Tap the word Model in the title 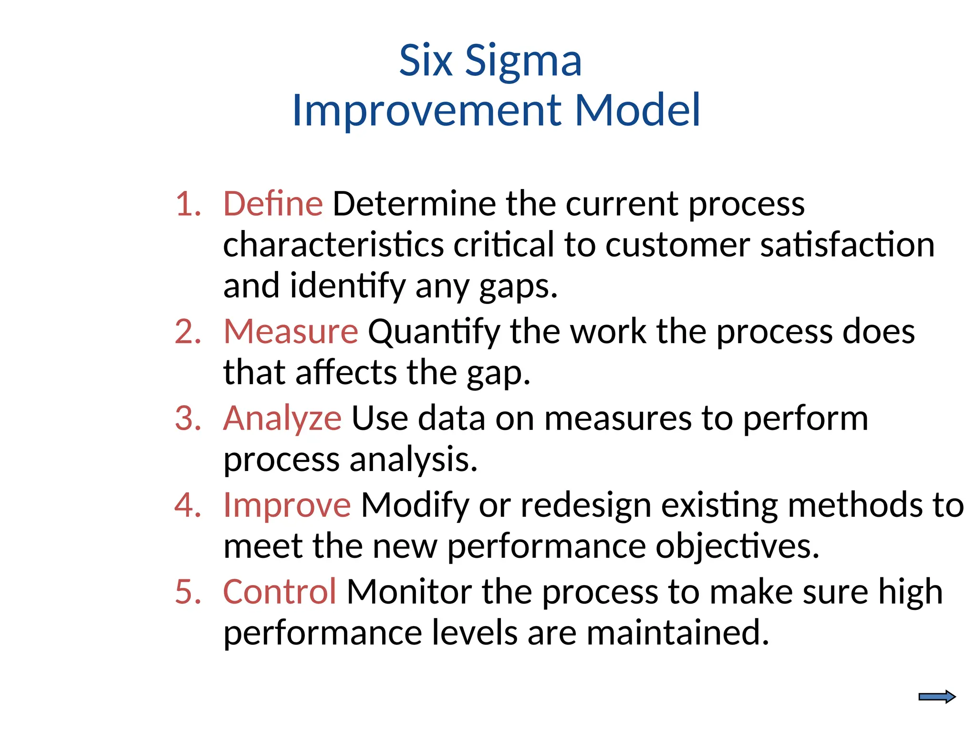[637, 111]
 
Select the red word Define [273, 204]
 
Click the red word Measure [291, 331]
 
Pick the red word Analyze [282, 419]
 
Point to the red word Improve [287, 505]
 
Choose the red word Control [280, 592]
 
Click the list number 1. [187, 204]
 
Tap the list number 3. [187, 419]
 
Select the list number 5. [187, 592]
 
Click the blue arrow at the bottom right [936, 697]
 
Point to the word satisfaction [847, 245]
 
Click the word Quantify [434, 332]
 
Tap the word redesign [586, 506]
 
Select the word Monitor [409, 592]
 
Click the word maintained [677, 633]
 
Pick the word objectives [737, 546]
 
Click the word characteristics [333, 245]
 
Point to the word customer [677, 245]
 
